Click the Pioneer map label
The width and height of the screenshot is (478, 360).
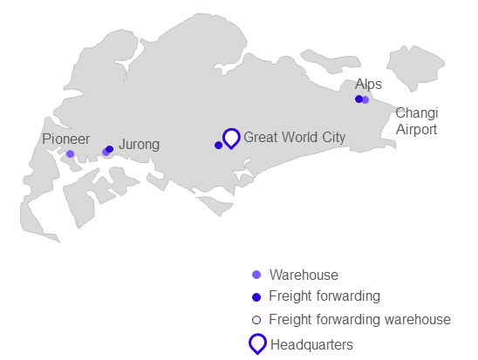tap(65, 139)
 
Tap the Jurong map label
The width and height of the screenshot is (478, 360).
tap(139, 145)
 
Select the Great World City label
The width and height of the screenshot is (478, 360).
tap(295, 138)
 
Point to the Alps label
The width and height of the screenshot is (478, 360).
tap(368, 84)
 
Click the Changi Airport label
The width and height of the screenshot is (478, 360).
tap(417, 121)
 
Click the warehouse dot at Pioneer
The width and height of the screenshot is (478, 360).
tap(70, 153)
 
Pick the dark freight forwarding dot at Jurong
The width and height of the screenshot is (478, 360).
tap(110, 149)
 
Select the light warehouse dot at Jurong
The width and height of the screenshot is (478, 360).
tap(106, 153)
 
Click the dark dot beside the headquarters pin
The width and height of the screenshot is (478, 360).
tap(218, 146)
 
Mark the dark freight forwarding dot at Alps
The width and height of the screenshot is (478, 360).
tap(358, 99)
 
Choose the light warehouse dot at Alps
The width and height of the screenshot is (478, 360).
tap(365, 100)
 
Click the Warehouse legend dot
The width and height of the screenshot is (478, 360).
tap(256, 275)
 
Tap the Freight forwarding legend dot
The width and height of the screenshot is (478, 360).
tap(256, 297)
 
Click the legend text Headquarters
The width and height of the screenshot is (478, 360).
tap(311, 345)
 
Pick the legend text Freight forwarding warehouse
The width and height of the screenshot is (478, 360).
tap(359, 320)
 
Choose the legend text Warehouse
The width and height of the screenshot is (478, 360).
tap(304, 275)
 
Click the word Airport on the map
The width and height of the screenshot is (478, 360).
tap(416, 129)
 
